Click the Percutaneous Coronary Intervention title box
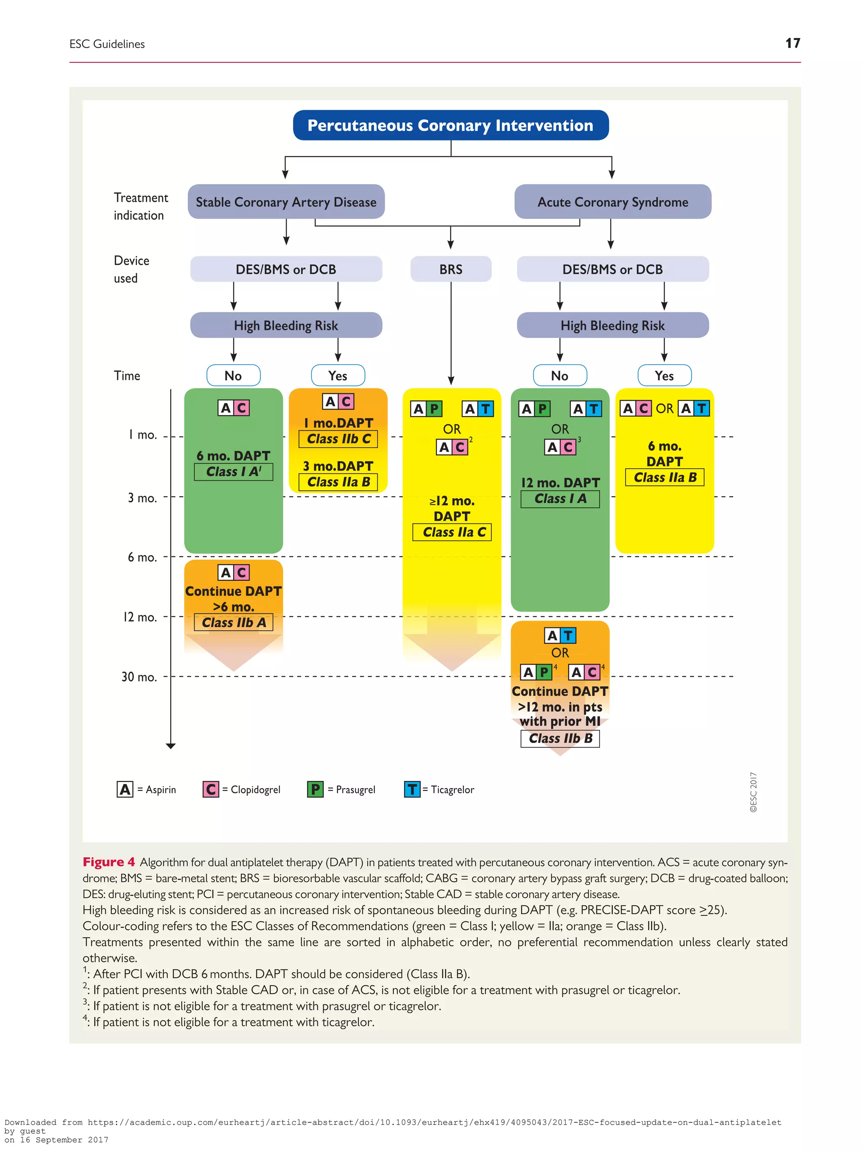point(450,126)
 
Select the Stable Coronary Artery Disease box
point(286,202)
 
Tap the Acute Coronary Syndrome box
point(612,202)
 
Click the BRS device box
point(450,269)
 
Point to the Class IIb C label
point(338,439)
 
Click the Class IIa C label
point(452,532)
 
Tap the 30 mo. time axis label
point(139,677)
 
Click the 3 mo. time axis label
point(142,498)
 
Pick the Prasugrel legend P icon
point(315,789)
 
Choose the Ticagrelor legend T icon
point(412,789)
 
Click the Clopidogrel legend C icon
point(211,789)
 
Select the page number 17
point(792,43)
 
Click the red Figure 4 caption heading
point(109,862)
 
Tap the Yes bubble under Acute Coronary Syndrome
point(664,376)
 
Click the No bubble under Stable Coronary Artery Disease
point(233,376)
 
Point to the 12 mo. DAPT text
point(560,483)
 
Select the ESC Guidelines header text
point(107,44)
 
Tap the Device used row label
point(131,269)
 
